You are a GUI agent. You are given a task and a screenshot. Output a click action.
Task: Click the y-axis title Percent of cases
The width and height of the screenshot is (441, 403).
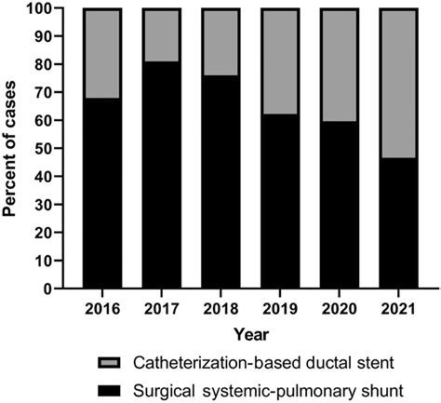(13, 149)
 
